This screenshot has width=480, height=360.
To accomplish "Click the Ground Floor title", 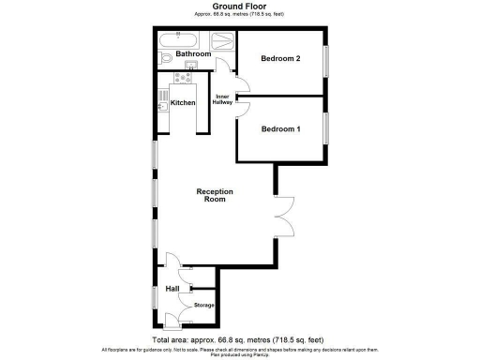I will [x=239, y=6].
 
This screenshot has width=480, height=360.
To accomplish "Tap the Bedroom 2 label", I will [x=280, y=59].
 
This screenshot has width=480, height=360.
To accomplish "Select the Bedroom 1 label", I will [x=280, y=128].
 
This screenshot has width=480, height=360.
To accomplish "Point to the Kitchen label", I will [x=182, y=102].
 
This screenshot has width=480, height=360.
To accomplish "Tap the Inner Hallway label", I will [x=224, y=99].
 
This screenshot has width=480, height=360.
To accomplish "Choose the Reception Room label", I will [x=214, y=196].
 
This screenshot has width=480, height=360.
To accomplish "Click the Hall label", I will [x=172, y=289].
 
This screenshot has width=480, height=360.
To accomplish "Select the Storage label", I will [x=203, y=306].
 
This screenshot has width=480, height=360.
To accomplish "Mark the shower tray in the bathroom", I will [x=222, y=41].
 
